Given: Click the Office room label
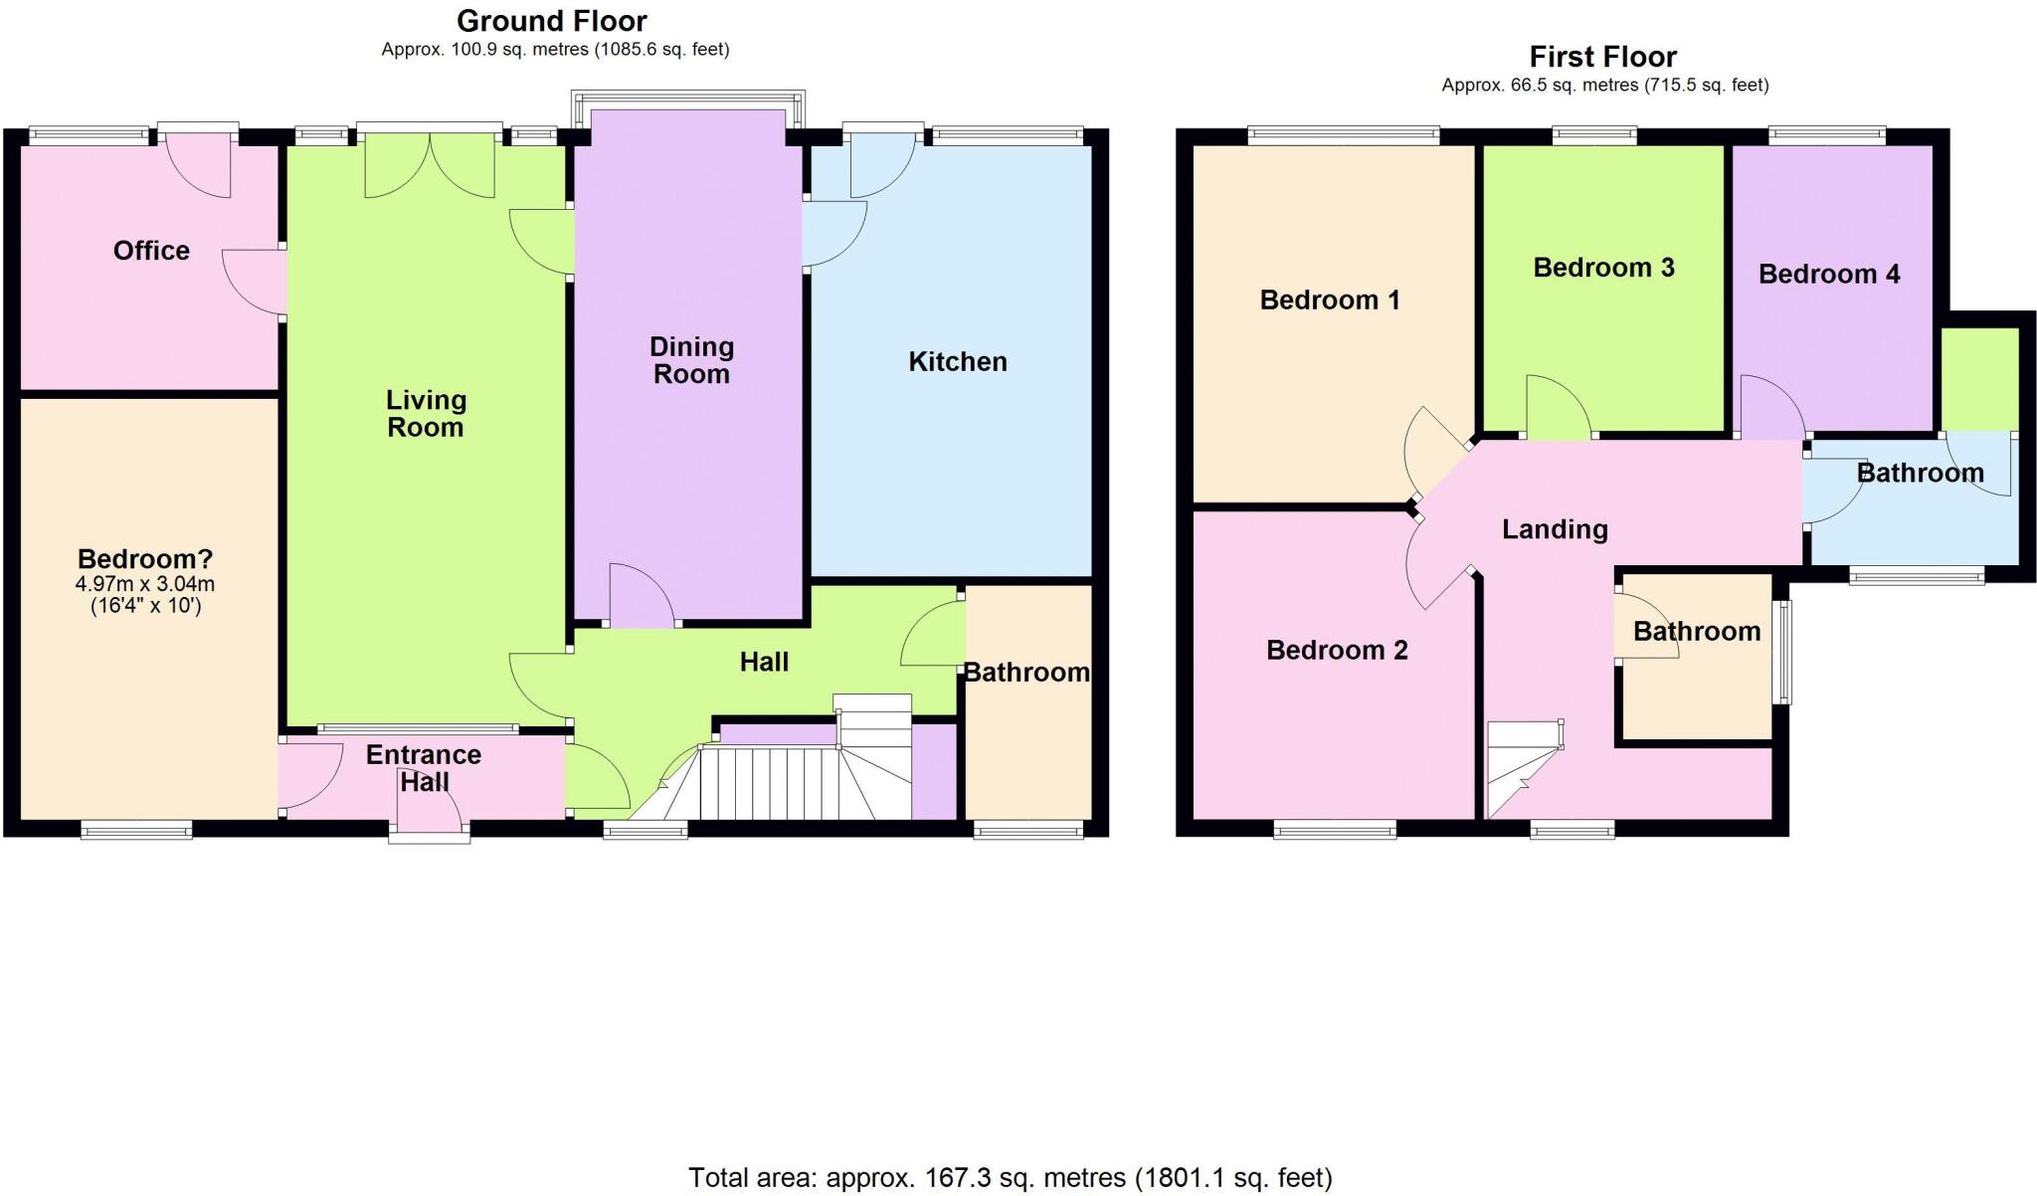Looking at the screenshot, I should tap(151, 251).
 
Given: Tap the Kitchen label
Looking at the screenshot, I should tap(958, 362).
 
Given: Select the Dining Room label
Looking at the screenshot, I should tap(691, 360).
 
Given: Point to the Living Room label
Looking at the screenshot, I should tap(426, 414).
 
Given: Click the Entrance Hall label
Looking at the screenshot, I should tap(424, 768).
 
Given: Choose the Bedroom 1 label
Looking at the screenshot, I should tap(1330, 300).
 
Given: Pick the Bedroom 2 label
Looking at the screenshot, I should tap(1337, 651).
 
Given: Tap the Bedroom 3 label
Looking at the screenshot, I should tap(1603, 268).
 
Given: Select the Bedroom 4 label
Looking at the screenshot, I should tap(1829, 275).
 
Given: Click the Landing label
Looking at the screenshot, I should tap(1555, 529).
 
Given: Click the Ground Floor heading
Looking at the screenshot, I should tap(552, 21).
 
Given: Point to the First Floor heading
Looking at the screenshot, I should tap(1603, 57).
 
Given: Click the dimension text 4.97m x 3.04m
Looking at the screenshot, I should tap(145, 585).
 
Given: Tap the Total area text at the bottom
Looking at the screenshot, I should tap(1010, 1178).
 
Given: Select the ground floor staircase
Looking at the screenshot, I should tap(786, 781).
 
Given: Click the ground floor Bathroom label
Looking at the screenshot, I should tap(1026, 674).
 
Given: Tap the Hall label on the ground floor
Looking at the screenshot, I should tap(764, 663).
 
